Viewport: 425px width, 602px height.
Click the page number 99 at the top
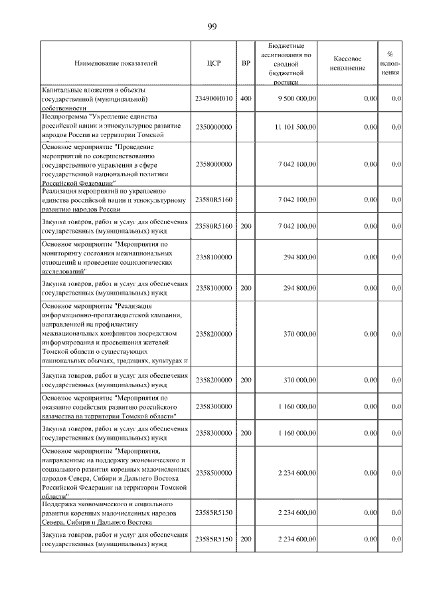(212, 26)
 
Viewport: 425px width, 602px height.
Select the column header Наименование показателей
(116, 64)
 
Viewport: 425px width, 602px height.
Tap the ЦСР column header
(213, 64)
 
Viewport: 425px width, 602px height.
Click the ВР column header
(246, 64)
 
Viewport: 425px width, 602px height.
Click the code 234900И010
(213, 98)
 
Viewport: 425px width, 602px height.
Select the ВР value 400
(246, 98)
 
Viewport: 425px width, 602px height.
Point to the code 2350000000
(213, 126)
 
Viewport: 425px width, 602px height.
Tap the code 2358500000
(213, 473)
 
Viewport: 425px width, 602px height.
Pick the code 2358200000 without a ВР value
(213, 333)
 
